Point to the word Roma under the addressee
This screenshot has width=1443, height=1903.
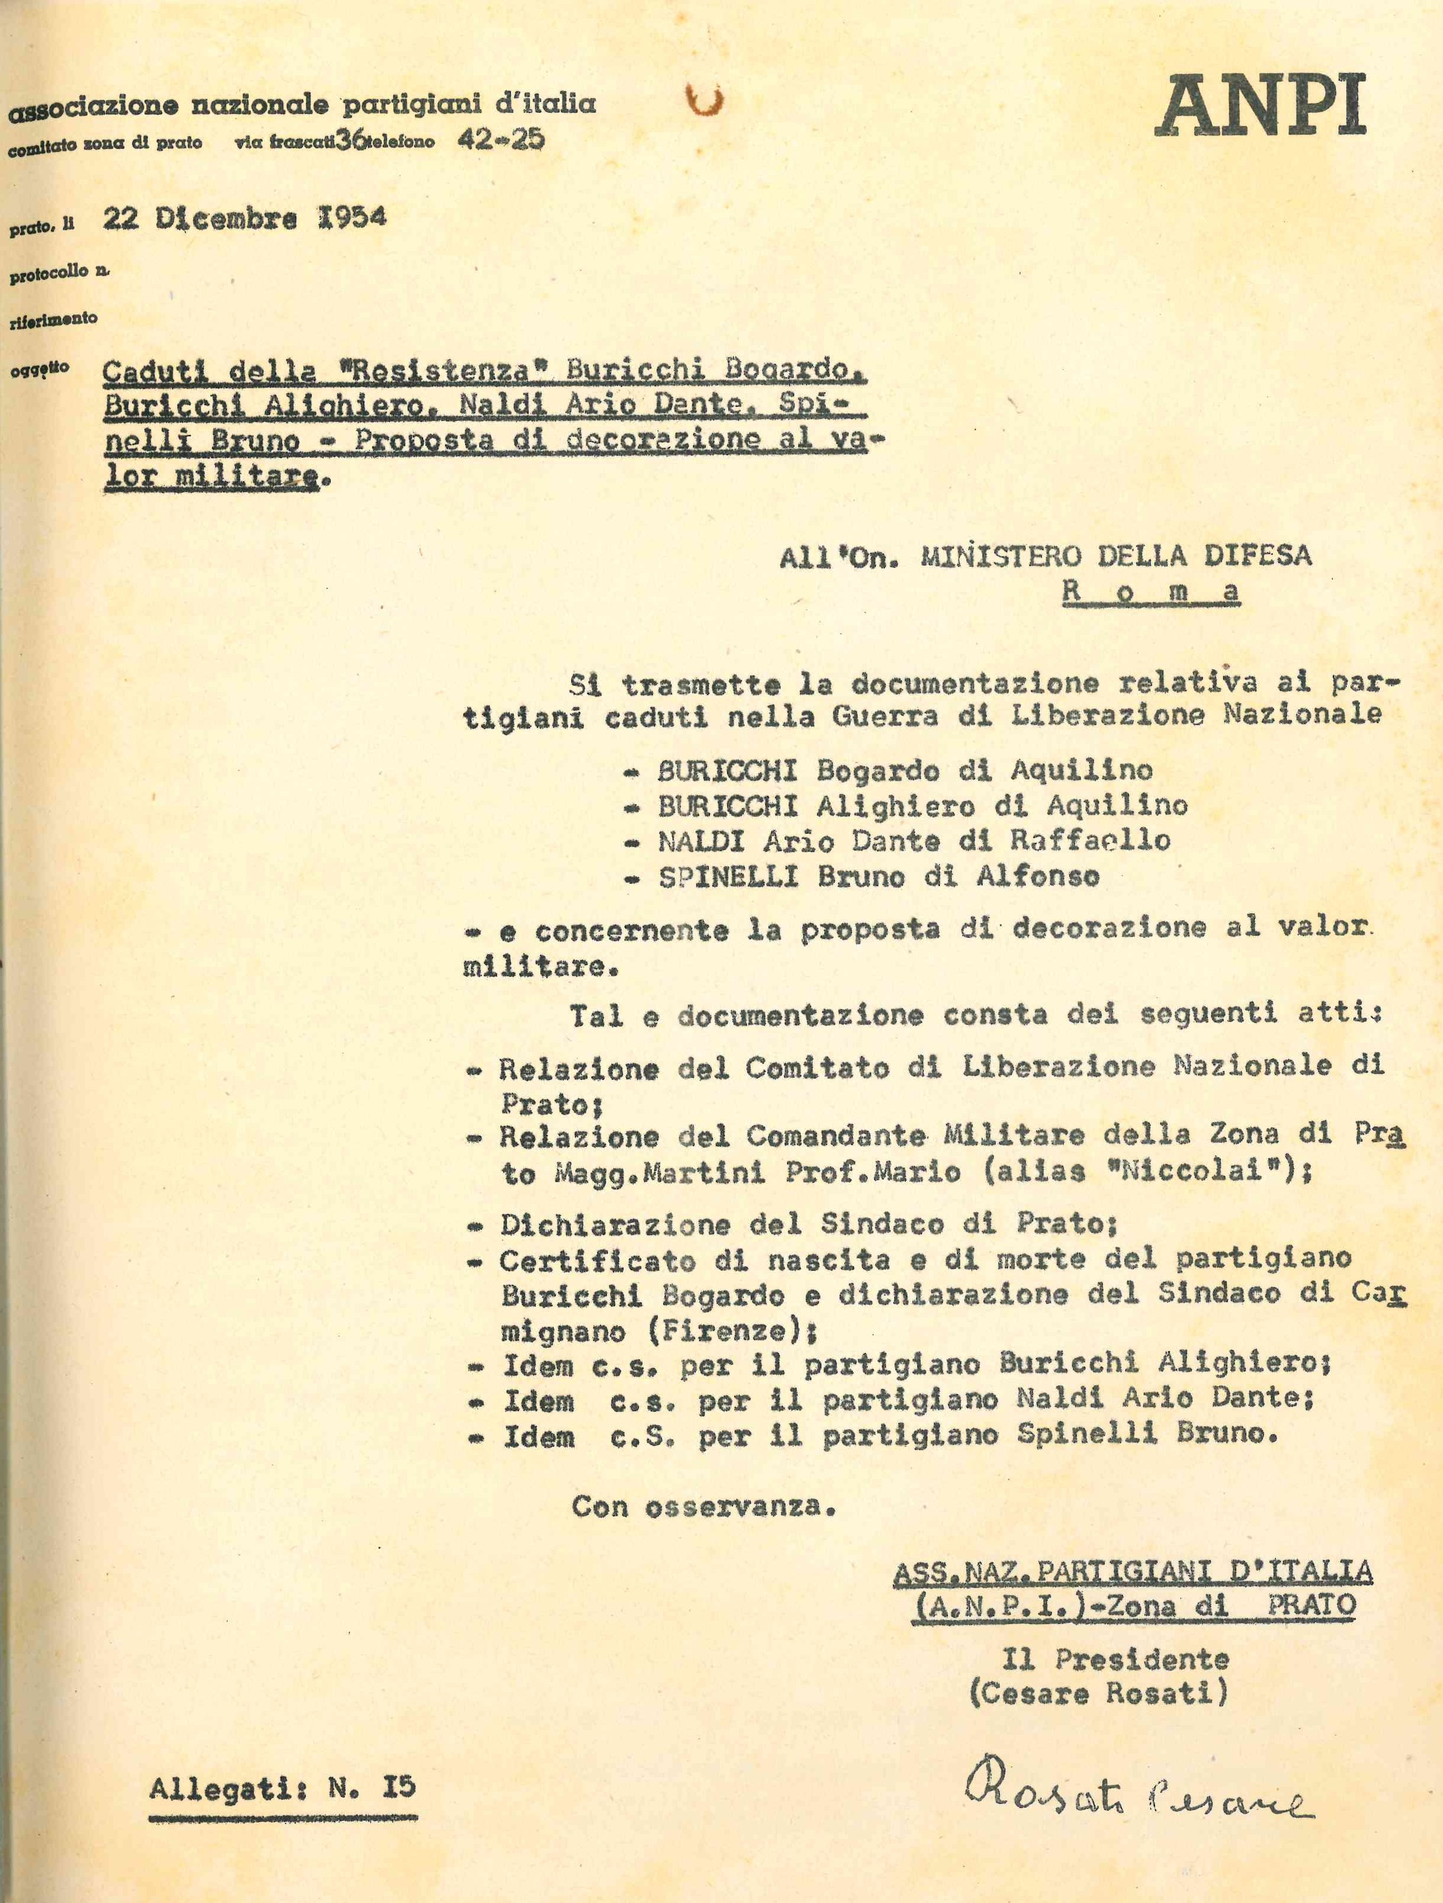[1151, 592]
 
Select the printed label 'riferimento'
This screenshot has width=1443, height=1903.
[53, 318]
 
